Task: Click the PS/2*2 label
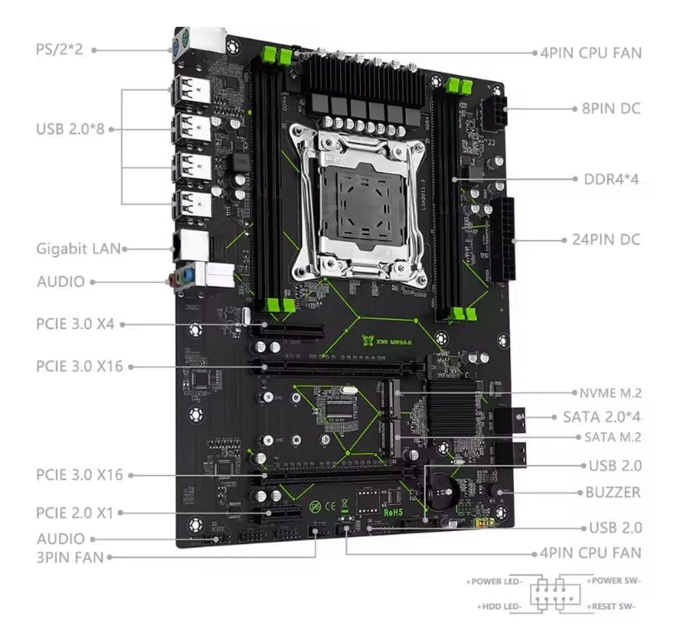(59, 50)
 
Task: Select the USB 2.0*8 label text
(70, 129)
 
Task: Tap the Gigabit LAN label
(78, 249)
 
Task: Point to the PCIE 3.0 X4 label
(75, 324)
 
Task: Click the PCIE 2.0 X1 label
(75, 513)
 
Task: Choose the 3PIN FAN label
(70, 558)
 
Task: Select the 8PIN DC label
(611, 109)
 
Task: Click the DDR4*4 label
(611, 179)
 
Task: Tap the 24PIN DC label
(606, 240)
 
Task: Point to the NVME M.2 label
(610, 393)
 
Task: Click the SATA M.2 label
(612, 437)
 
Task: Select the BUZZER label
(613, 492)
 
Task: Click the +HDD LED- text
(499, 607)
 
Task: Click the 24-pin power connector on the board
(505, 240)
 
